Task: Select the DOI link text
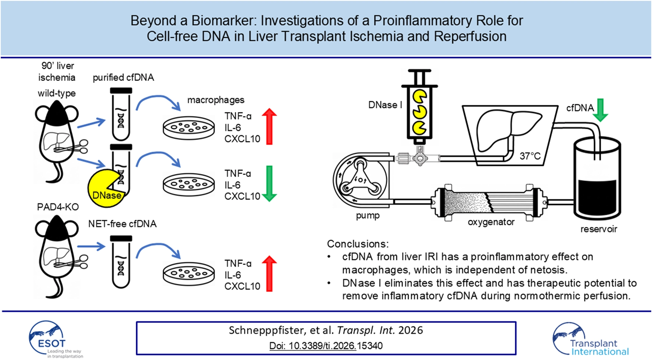click(x=326, y=346)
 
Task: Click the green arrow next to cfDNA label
click(x=600, y=110)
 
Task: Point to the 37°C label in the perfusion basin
click(x=529, y=156)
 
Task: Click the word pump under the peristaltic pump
click(x=368, y=216)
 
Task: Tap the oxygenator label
click(x=491, y=222)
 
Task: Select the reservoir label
click(x=598, y=229)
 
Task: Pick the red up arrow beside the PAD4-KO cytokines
click(x=269, y=273)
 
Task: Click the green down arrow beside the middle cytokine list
click(x=269, y=183)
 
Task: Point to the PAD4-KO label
click(x=58, y=207)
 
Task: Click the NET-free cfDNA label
click(x=122, y=224)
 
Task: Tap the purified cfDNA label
click(x=123, y=78)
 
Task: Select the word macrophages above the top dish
click(x=216, y=100)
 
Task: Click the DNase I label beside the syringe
click(x=385, y=105)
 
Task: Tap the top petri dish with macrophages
click(x=188, y=128)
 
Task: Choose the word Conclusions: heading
click(x=357, y=244)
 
